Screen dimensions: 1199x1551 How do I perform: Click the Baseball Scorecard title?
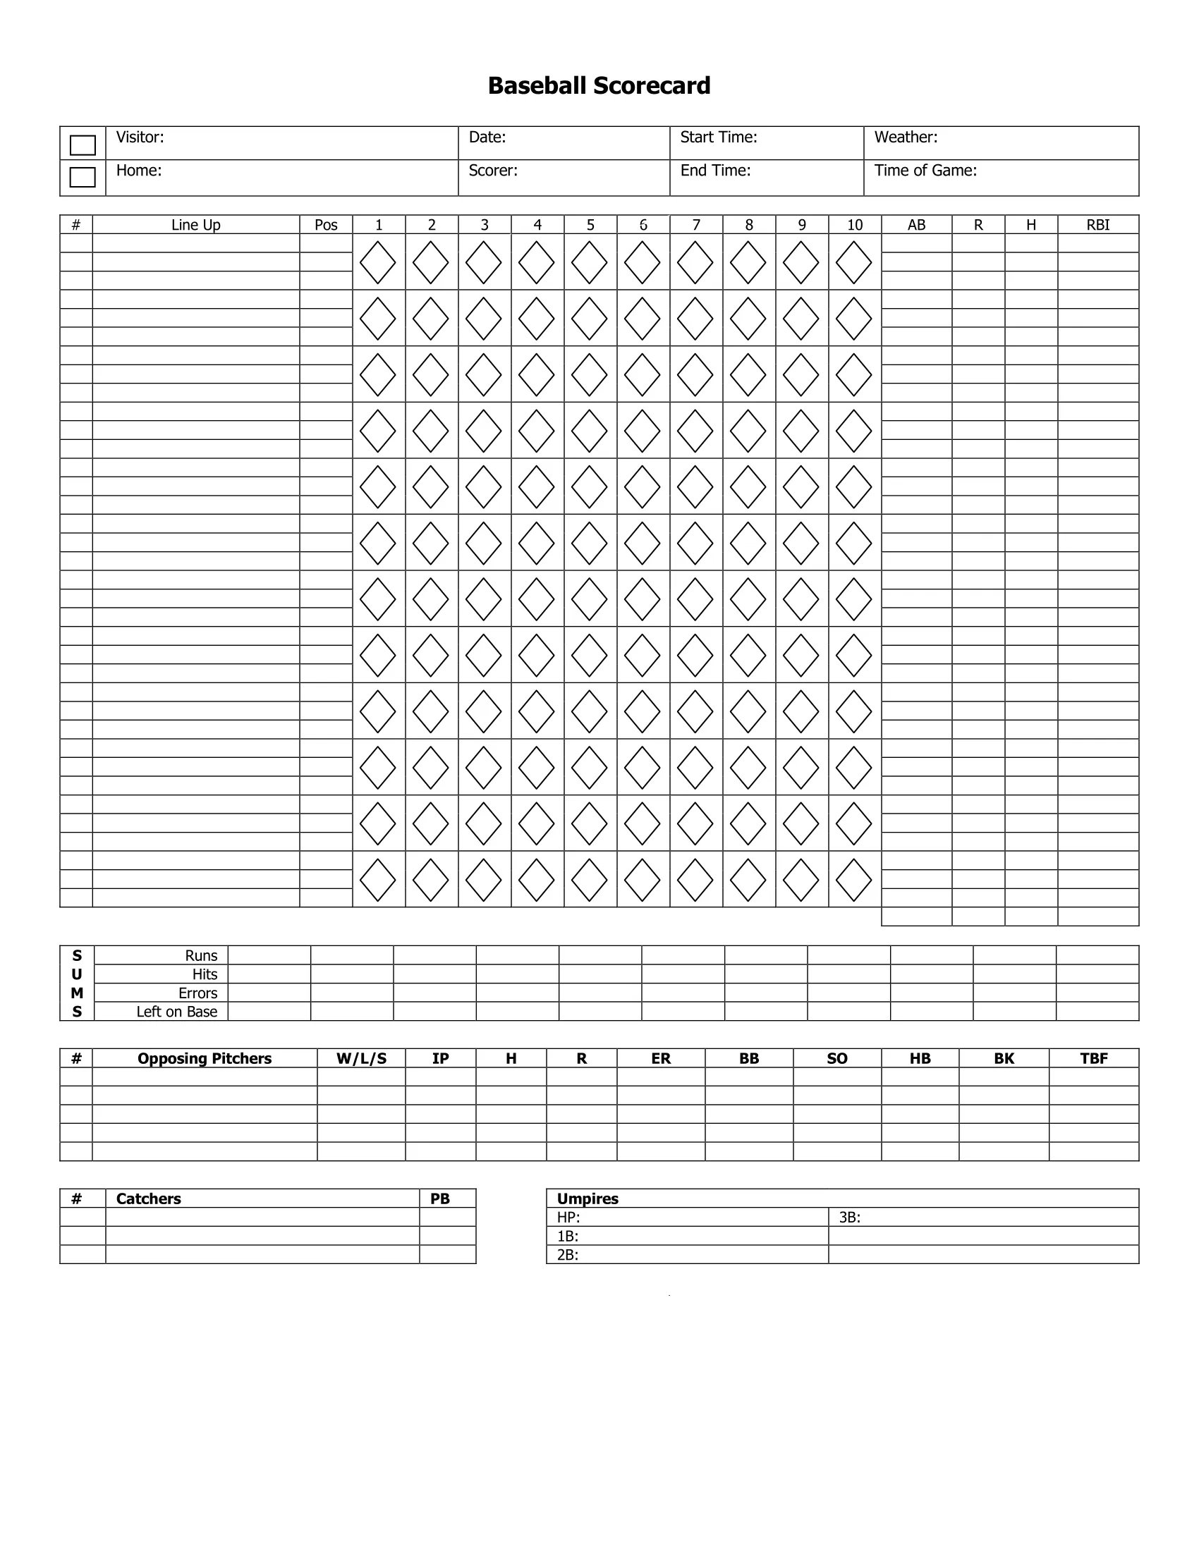point(599,86)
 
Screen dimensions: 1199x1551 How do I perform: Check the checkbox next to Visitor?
point(83,145)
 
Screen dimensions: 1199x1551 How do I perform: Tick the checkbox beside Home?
point(83,177)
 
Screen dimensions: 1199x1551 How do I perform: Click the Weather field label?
point(906,137)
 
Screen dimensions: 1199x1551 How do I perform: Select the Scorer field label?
point(493,171)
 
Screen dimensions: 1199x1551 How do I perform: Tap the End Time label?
point(715,171)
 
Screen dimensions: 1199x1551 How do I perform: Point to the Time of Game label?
point(925,171)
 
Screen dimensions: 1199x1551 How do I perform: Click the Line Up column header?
point(196,225)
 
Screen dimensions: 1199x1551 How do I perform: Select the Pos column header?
point(326,225)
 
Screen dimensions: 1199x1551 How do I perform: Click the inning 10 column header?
point(855,225)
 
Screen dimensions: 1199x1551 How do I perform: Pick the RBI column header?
point(1097,225)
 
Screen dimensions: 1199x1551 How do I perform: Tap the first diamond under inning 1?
point(378,262)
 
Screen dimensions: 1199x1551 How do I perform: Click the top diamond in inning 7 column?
point(695,262)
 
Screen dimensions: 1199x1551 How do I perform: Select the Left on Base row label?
point(177,1011)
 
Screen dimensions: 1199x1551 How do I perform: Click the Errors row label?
point(197,993)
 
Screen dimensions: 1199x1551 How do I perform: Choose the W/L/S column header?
point(362,1058)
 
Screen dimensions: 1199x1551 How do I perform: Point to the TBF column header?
point(1094,1058)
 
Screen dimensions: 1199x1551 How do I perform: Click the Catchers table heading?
point(148,1198)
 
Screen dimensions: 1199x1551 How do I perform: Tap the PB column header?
point(440,1198)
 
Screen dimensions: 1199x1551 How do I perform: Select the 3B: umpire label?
point(850,1218)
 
